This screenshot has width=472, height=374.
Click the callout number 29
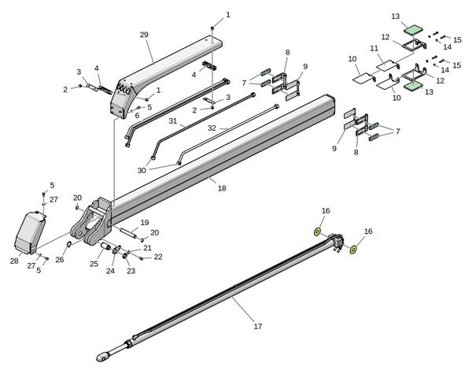pyautogui.click(x=143, y=35)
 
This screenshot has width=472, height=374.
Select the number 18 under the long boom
pyautogui.click(x=222, y=188)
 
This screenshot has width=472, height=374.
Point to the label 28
pyautogui.click(x=14, y=261)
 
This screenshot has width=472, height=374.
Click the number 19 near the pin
pyautogui.click(x=144, y=223)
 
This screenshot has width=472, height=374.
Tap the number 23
pyautogui.click(x=131, y=271)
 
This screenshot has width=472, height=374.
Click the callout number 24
pyautogui.click(x=110, y=271)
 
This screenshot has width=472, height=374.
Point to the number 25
pyautogui.click(x=94, y=264)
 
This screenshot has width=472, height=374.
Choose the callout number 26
pyautogui.click(x=59, y=260)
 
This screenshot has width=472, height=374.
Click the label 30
pyautogui.click(x=141, y=171)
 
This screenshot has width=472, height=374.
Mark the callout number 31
pyautogui.click(x=172, y=121)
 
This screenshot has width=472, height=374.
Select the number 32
pyautogui.click(x=212, y=128)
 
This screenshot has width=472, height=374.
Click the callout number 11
pyautogui.click(x=374, y=48)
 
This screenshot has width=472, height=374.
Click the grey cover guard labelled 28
pyautogui.click(x=30, y=232)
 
